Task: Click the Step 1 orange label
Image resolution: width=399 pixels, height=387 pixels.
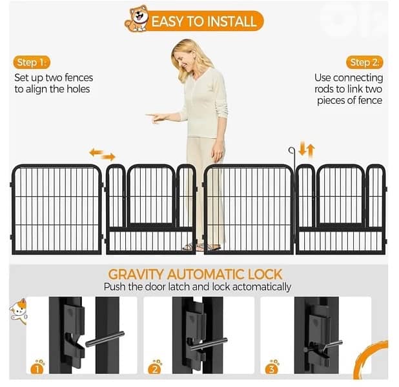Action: pos(30,63)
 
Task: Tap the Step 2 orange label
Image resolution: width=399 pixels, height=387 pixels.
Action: pos(365,63)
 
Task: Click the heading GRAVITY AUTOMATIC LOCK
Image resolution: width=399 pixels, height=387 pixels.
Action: pos(195,274)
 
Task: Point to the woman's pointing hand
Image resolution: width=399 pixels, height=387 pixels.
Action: pos(154,117)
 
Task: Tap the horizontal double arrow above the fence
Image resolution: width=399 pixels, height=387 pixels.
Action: pos(102,155)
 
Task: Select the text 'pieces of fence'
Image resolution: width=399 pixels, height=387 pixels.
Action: pos(349,101)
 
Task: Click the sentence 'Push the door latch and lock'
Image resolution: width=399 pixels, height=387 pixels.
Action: pos(198,287)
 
